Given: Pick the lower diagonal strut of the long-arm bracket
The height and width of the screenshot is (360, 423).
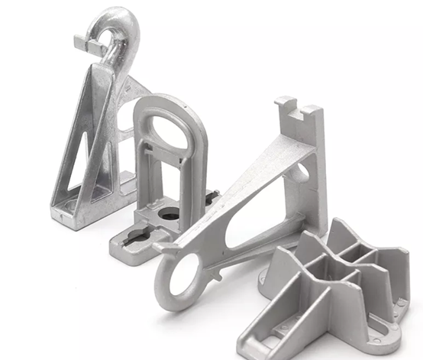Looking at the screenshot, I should [x=252, y=245].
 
